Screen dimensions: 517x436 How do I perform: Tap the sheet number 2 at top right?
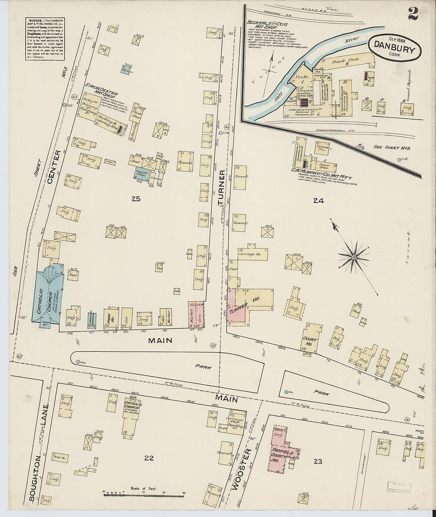(x=412, y=15)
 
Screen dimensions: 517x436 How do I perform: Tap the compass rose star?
(x=353, y=258)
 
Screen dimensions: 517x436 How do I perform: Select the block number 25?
(x=136, y=199)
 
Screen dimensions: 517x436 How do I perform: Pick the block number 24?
(x=318, y=201)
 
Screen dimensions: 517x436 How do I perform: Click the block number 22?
(x=149, y=458)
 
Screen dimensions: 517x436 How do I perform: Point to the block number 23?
(x=318, y=461)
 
